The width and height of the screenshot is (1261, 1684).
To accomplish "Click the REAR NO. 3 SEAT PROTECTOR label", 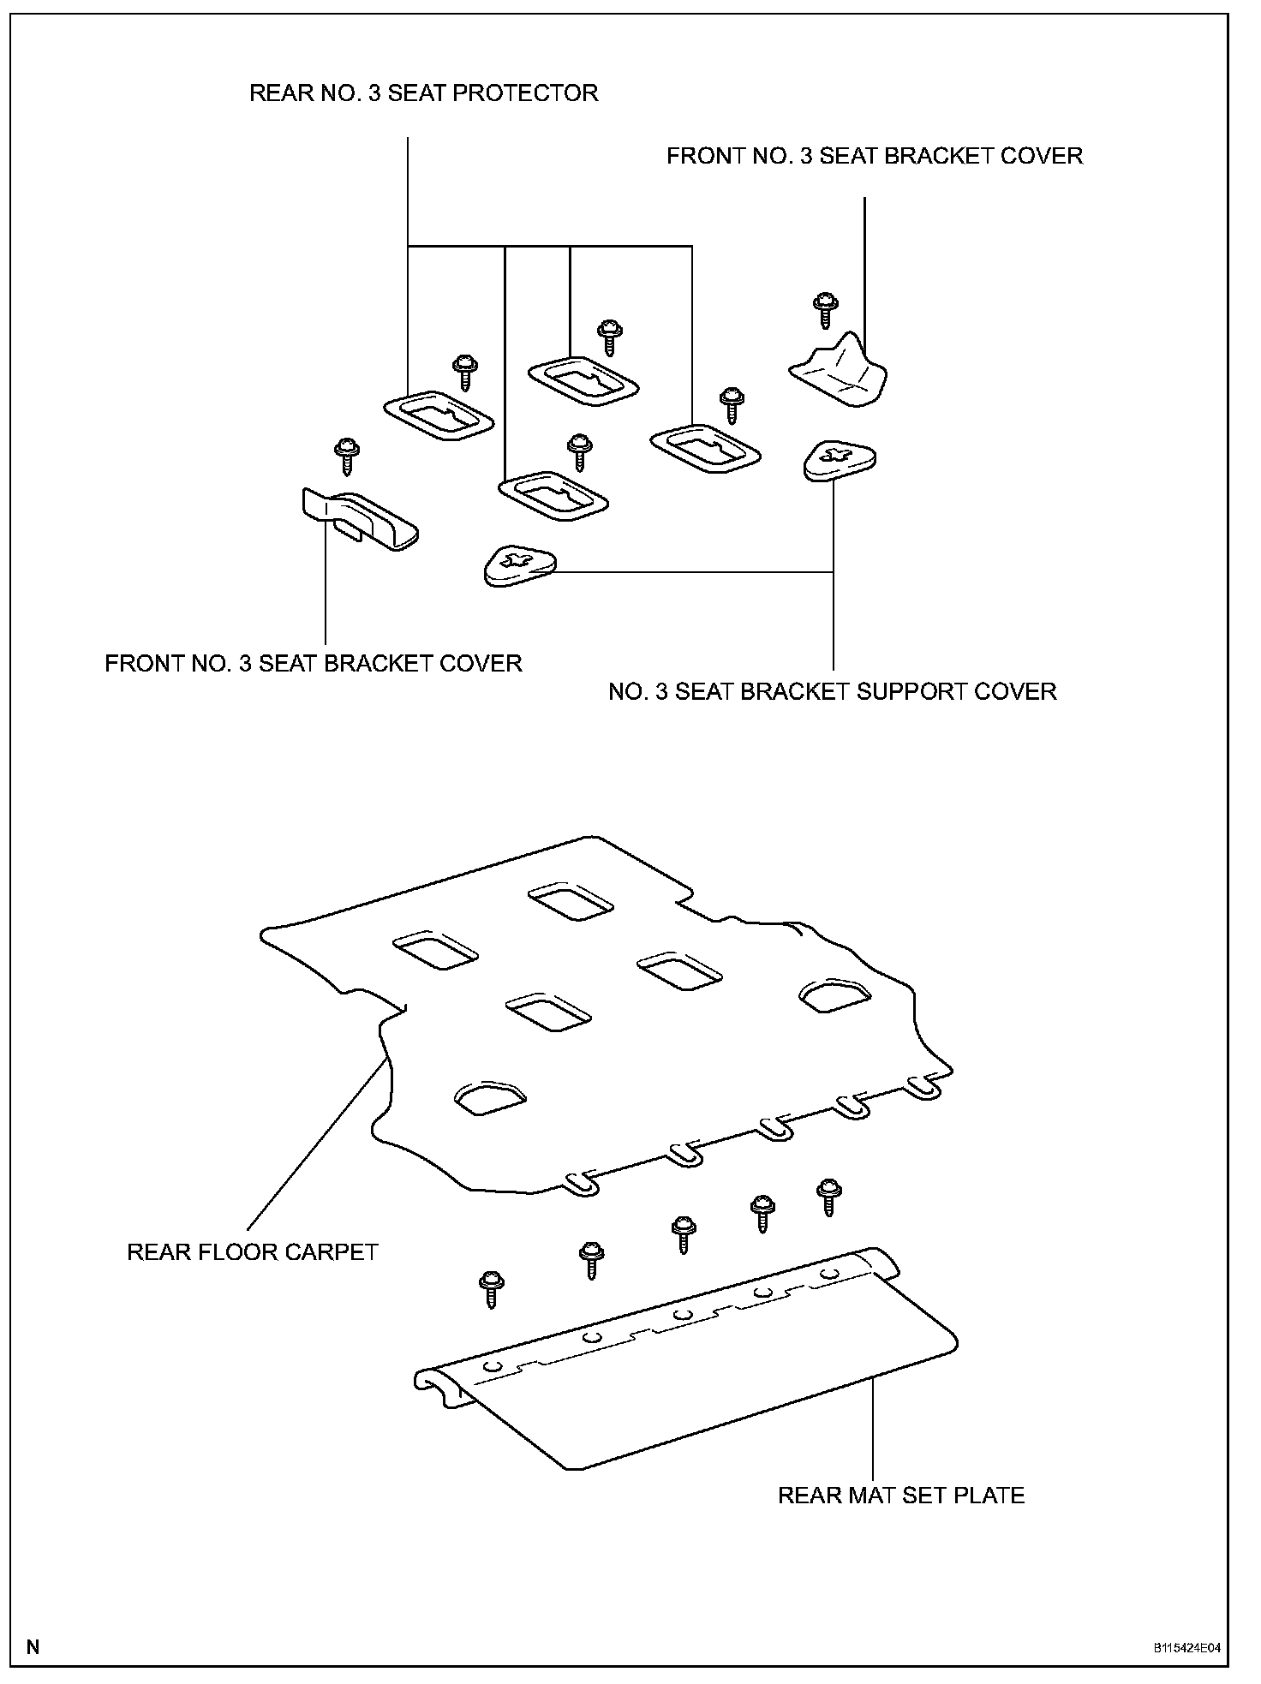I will (423, 93).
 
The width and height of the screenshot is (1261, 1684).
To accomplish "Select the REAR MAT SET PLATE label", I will (900, 1495).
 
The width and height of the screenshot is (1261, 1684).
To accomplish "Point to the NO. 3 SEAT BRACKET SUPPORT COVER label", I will (832, 691).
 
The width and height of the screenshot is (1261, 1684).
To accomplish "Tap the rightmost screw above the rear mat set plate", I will (828, 1196).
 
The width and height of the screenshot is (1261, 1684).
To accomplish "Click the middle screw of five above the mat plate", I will (683, 1234).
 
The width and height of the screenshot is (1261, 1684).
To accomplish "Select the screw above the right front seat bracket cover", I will (825, 309).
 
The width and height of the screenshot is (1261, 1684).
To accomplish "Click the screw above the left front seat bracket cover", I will (346, 455).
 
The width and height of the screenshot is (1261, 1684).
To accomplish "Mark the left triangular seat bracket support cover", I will (519, 566).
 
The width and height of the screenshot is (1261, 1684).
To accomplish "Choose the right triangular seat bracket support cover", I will (840, 460).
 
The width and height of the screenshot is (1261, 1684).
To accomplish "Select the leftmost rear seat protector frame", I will (438, 419).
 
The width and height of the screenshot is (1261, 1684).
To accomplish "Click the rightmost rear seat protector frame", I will (705, 446).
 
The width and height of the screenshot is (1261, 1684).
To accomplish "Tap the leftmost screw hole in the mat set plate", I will (492, 1367).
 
